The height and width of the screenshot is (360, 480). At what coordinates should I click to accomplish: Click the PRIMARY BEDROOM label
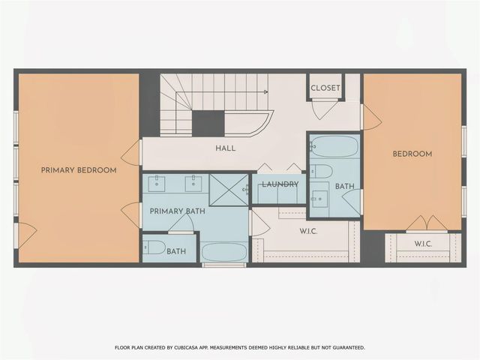[79, 170]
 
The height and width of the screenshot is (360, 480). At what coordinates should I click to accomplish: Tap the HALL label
[225, 148]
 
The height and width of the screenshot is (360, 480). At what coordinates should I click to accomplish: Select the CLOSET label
[325, 88]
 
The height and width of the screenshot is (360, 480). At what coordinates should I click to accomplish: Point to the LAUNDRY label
[280, 184]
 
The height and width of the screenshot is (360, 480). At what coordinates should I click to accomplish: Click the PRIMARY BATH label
[177, 211]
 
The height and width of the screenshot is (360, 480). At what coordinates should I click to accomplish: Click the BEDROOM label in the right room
[412, 154]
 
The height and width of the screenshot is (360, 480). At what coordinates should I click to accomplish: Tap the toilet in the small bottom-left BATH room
[154, 247]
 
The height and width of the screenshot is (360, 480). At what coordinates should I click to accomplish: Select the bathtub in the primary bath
[224, 251]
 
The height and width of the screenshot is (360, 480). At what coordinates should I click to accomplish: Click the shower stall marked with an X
[229, 189]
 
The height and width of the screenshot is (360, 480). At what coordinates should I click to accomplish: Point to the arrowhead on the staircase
[265, 91]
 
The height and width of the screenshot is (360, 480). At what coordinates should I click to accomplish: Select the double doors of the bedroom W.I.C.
[427, 223]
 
